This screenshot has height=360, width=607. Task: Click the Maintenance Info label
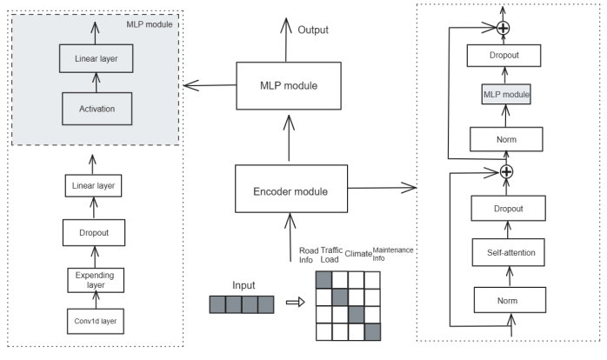(391, 253)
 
